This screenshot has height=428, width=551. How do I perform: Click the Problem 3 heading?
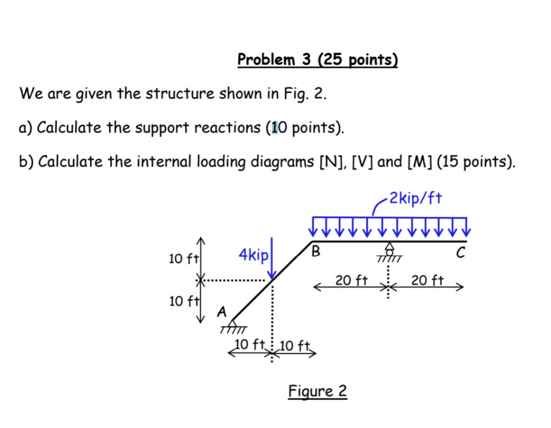(x=317, y=59)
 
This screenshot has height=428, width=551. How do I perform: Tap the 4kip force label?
(x=253, y=256)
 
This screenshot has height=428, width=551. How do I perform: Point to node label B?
(x=316, y=251)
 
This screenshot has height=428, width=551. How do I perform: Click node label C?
(x=459, y=253)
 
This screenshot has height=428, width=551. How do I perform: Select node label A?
(x=222, y=311)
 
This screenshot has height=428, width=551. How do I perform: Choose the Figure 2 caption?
(x=317, y=391)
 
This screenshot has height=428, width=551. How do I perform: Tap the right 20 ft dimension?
(x=428, y=280)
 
